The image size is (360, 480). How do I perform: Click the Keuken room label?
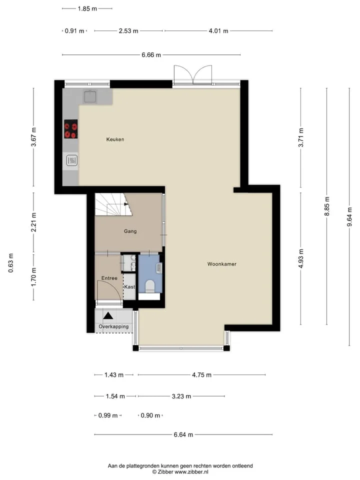click(x=115, y=139)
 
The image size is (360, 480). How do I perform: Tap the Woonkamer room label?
click(x=222, y=264)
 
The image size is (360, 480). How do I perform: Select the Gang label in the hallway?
click(x=130, y=231)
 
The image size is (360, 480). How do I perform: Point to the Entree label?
click(x=109, y=278)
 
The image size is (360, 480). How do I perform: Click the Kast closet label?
click(x=129, y=287)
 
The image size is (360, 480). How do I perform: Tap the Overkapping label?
click(x=113, y=326)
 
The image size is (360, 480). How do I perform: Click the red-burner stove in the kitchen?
click(x=70, y=129)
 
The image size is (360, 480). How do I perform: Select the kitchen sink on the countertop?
click(x=90, y=96)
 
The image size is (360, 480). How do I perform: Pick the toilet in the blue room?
click(x=149, y=286)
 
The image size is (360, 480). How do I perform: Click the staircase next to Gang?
click(x=113, y=204)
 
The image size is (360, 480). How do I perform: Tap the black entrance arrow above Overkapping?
click(x=108, y=315)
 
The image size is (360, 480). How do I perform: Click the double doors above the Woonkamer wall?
click(x=193, y=74)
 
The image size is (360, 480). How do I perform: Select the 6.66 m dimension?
click(x=151, y=55)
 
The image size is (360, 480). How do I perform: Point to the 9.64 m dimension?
click(x=349, y=216)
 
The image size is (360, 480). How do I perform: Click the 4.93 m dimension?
click(x=301, y=258)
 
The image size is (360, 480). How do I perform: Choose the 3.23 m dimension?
click(x=181, y=396)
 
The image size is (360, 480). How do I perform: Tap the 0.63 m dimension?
click(x=11, y=263)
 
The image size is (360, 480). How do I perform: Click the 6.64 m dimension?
click(x=183, y=434)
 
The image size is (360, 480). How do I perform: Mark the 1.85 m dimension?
click(x=87, y=8)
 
